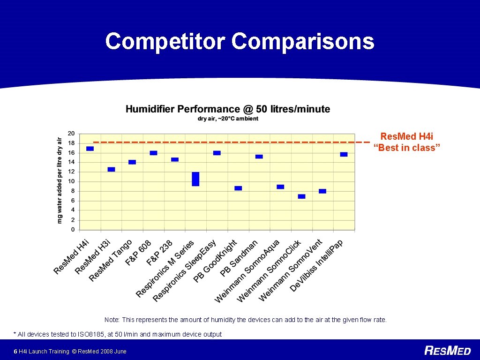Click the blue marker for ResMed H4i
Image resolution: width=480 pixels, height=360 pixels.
click(x=90, y=149)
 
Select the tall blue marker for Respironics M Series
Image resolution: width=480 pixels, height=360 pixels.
click(x=195, y=179)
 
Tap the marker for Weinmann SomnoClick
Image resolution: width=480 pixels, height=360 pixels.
click(x=301, y=196)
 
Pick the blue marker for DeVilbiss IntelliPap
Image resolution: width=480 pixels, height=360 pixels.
click(x=344, y=154)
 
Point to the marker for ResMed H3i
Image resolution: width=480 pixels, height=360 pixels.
click(x=111, y=169)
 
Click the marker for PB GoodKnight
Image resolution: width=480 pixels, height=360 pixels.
click(x=238, y=188)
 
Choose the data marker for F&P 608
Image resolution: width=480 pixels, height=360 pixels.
click(x=153, y=153)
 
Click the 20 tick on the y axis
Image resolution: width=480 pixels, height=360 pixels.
click(x=71, y=133)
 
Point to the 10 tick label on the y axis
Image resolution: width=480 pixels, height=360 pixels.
click(x=71, y=181)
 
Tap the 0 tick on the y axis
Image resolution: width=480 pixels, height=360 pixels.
click(x=73, y=230)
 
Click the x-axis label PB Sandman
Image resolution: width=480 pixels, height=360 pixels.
click(x=239, y=258)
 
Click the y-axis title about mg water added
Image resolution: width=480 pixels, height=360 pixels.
click(x=60, y=180)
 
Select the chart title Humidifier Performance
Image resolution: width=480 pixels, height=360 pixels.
click(x=228, y=109)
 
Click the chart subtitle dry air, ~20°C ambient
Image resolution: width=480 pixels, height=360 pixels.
click(x=228, y=119)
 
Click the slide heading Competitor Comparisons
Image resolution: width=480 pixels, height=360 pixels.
click(x=240, y=41)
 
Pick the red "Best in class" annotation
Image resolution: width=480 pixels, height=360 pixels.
click(x=406, y=142)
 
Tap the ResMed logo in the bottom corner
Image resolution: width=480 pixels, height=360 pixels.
click(x=447, y=351)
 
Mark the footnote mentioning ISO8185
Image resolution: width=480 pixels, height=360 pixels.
click(x=118, y=334)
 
